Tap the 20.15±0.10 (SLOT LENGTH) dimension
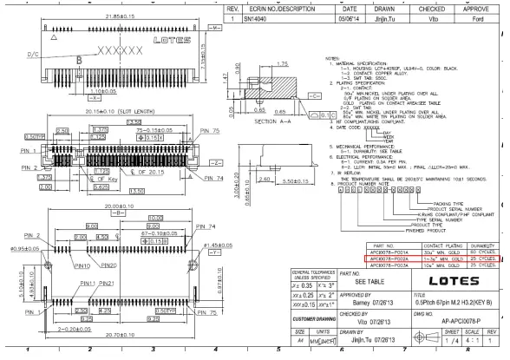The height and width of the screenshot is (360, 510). [x=92, y=114]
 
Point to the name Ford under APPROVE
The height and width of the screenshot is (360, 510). [x=476, y=16]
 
